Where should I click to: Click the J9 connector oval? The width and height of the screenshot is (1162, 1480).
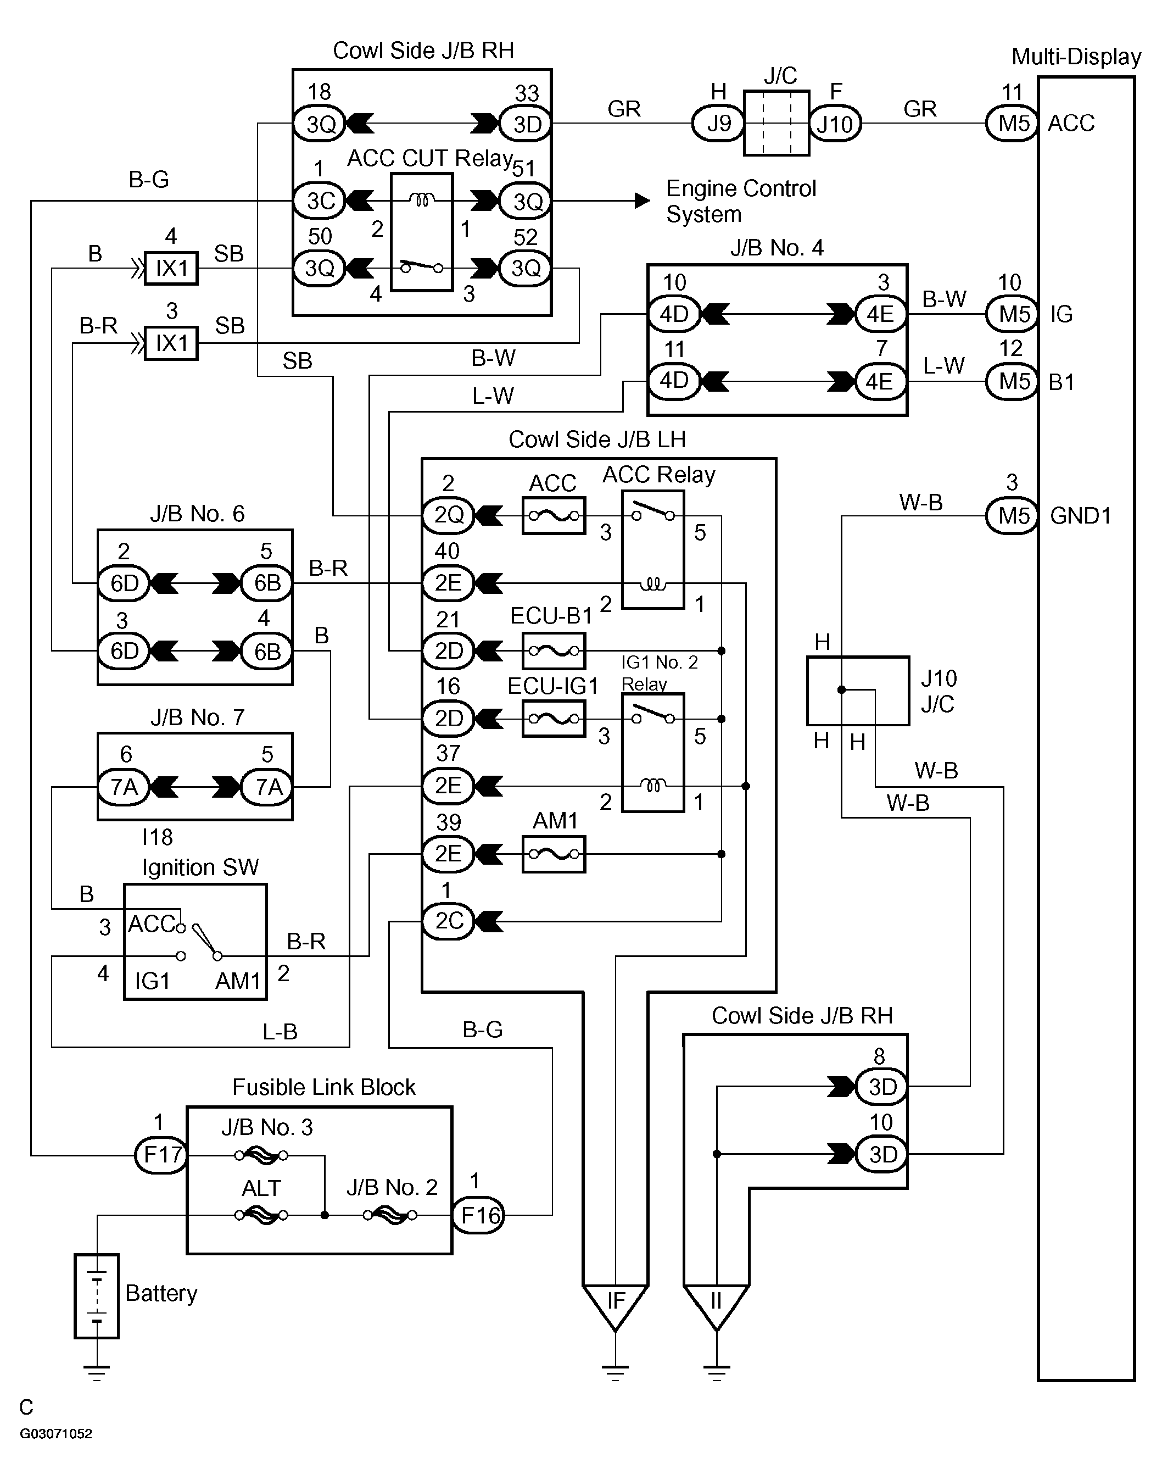pyautogui.click(x=718, y=124)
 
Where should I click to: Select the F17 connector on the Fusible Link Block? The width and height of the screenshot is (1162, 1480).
pyautogui.click(x=162, y=1155)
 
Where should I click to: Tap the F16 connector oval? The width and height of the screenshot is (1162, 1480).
pyautogui.click(x=479, y=1215)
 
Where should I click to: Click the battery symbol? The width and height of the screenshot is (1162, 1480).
pyautogui.click(x=97, y=1297)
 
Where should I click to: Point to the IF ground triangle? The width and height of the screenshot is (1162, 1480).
pyautogui.click(x=615, y=1306)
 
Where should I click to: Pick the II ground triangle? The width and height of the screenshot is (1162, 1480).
pyautogui.click(x=717, y=1306)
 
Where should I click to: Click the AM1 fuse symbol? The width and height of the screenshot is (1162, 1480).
pyautogui.click(x=554, y=855)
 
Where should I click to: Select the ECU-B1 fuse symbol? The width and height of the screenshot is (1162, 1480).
pyautogui.click(x=554, y=651)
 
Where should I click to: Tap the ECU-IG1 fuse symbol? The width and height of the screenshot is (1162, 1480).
pyautogui.click(x=554, y=719)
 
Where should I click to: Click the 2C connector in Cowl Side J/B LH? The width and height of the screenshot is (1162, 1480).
pyautogui.click(x=448, y=921)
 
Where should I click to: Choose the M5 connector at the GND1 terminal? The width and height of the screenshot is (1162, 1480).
pyautogui.click(x=1012, y=516)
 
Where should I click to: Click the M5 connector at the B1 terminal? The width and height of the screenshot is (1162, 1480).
pyautogui.click(x=1012, y=381)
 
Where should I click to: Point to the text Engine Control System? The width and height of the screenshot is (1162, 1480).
pyautogui.click(x=741, y=202)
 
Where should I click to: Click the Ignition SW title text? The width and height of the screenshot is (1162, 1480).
pyautogui.click(x=200, y=867)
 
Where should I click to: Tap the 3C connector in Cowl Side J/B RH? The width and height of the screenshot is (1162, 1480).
pyautogui.click(x=320, y=201)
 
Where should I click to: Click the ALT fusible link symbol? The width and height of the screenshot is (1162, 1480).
pyautogui.click(x=261, y=1215)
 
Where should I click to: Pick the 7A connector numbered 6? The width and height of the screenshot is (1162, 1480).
pyautogui.click(x=124, y=787)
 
